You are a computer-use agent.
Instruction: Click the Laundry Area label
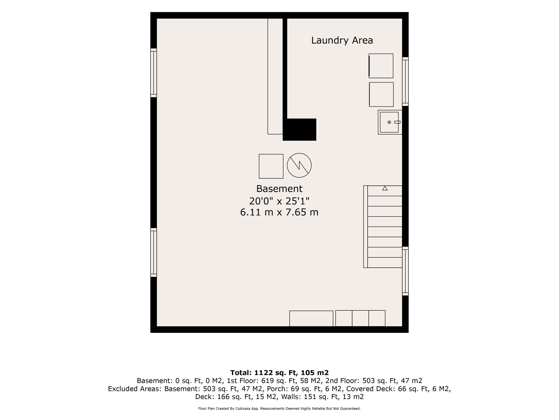click(342, 40)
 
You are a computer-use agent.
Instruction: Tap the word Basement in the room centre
click(279, 189)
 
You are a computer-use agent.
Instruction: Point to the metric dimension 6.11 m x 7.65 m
click(279, 212)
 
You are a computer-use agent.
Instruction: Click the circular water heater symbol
click(299, 165)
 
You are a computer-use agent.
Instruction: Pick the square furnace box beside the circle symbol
click(271, 166)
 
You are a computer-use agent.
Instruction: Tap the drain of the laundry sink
click(389, 122)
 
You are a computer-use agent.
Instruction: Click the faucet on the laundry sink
click(397, 122)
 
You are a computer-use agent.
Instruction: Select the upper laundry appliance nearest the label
click(381, 66)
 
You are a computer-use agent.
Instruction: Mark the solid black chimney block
click(300, 129)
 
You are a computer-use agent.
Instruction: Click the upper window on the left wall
click(154, 73)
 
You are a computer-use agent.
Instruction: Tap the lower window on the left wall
click(154, 252)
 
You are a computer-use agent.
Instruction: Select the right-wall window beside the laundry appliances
click(405, 82)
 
